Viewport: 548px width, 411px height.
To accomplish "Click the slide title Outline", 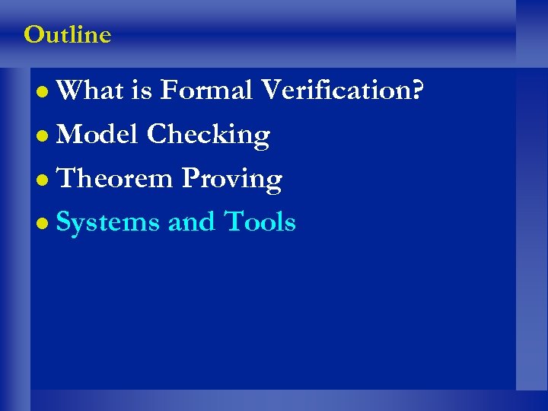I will point(67,35).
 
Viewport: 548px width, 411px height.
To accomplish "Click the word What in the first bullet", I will point(89,91).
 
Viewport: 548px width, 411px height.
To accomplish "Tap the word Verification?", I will point(342,91).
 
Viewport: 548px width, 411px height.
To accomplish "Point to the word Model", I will point(97,135).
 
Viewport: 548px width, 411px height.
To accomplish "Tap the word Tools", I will point(260,222).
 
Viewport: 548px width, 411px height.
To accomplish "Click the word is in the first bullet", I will point(141,91).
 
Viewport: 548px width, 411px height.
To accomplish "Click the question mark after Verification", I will point(418,91).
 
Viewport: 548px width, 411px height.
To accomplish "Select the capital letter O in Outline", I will point(33,35).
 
